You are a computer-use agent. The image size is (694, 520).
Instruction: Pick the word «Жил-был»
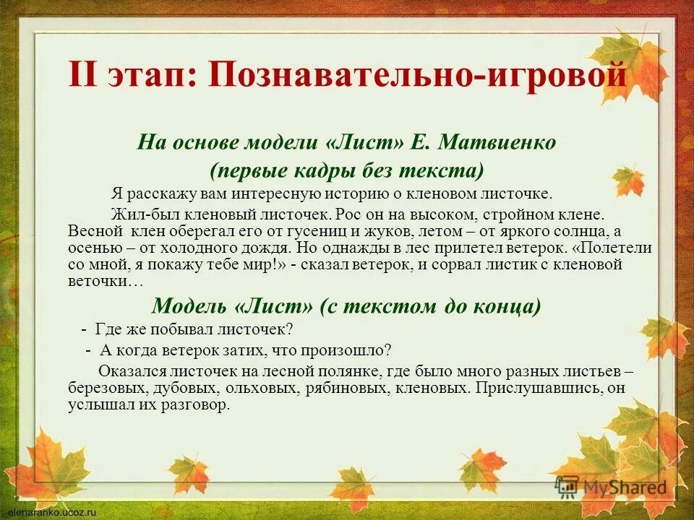coord(141,214)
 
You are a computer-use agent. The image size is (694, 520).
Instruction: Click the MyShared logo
coord(611,486)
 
